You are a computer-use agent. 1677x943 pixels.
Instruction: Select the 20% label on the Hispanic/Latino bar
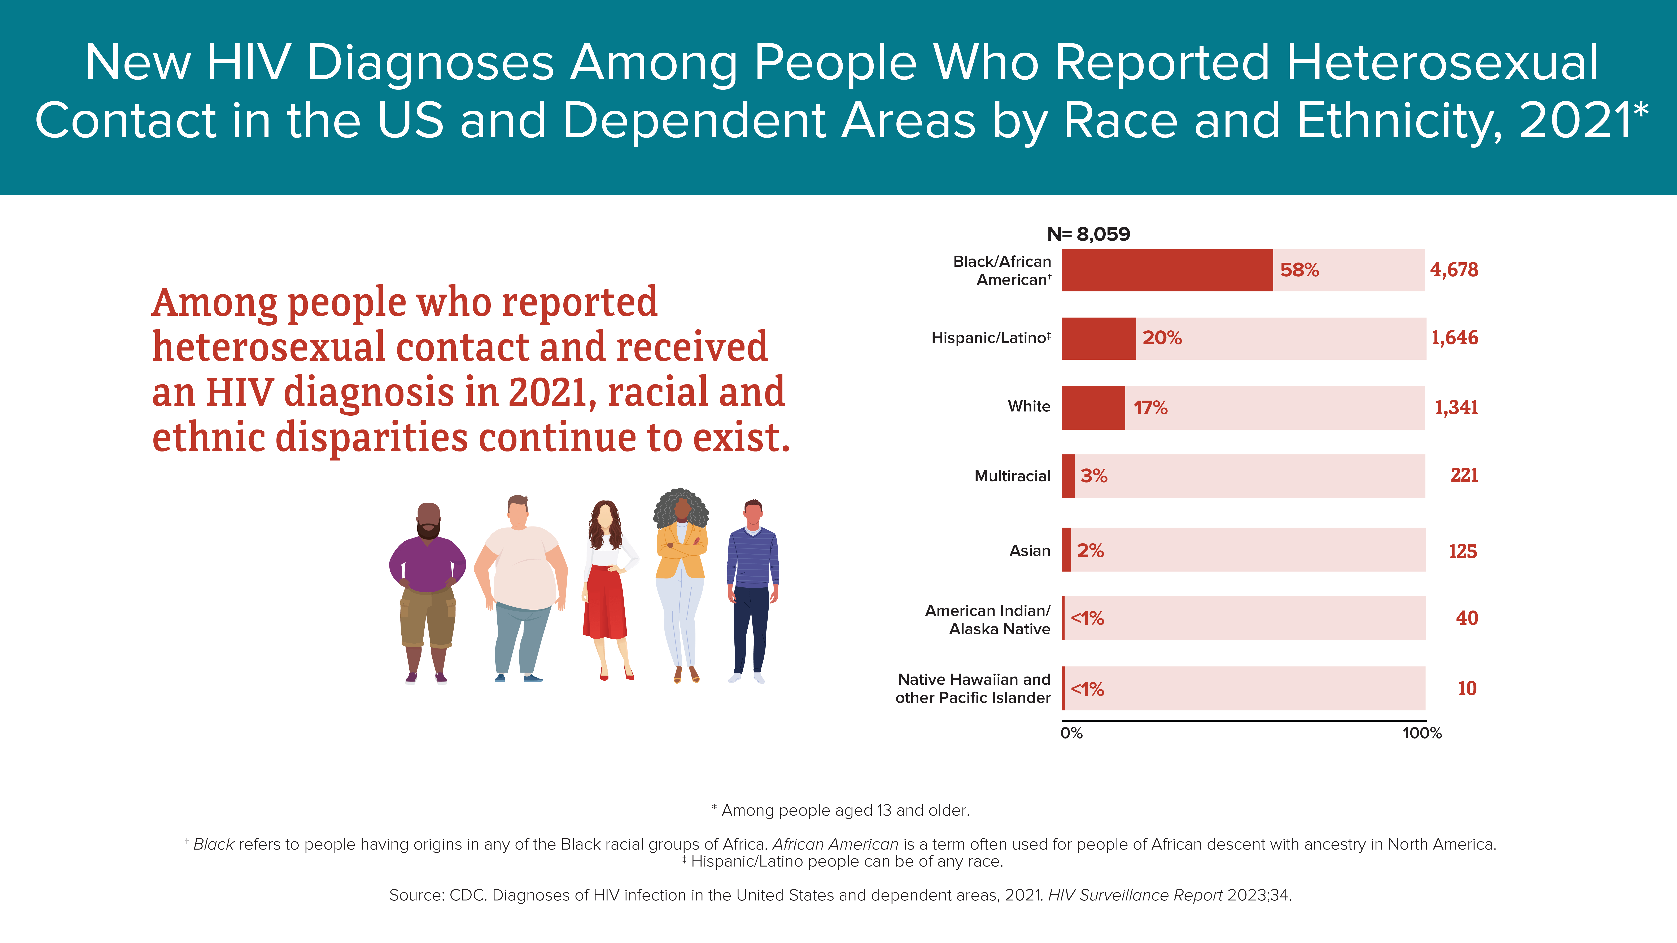(x=1162, y=338)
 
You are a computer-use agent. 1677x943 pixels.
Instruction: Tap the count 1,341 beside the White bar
(x=1456, y=407)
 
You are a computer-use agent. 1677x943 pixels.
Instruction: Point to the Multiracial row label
(x=1012, y=476)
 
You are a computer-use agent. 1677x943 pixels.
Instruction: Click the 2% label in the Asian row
(x=1091, y=551)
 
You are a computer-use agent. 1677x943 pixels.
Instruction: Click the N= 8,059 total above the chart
(x=1088, y=234)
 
